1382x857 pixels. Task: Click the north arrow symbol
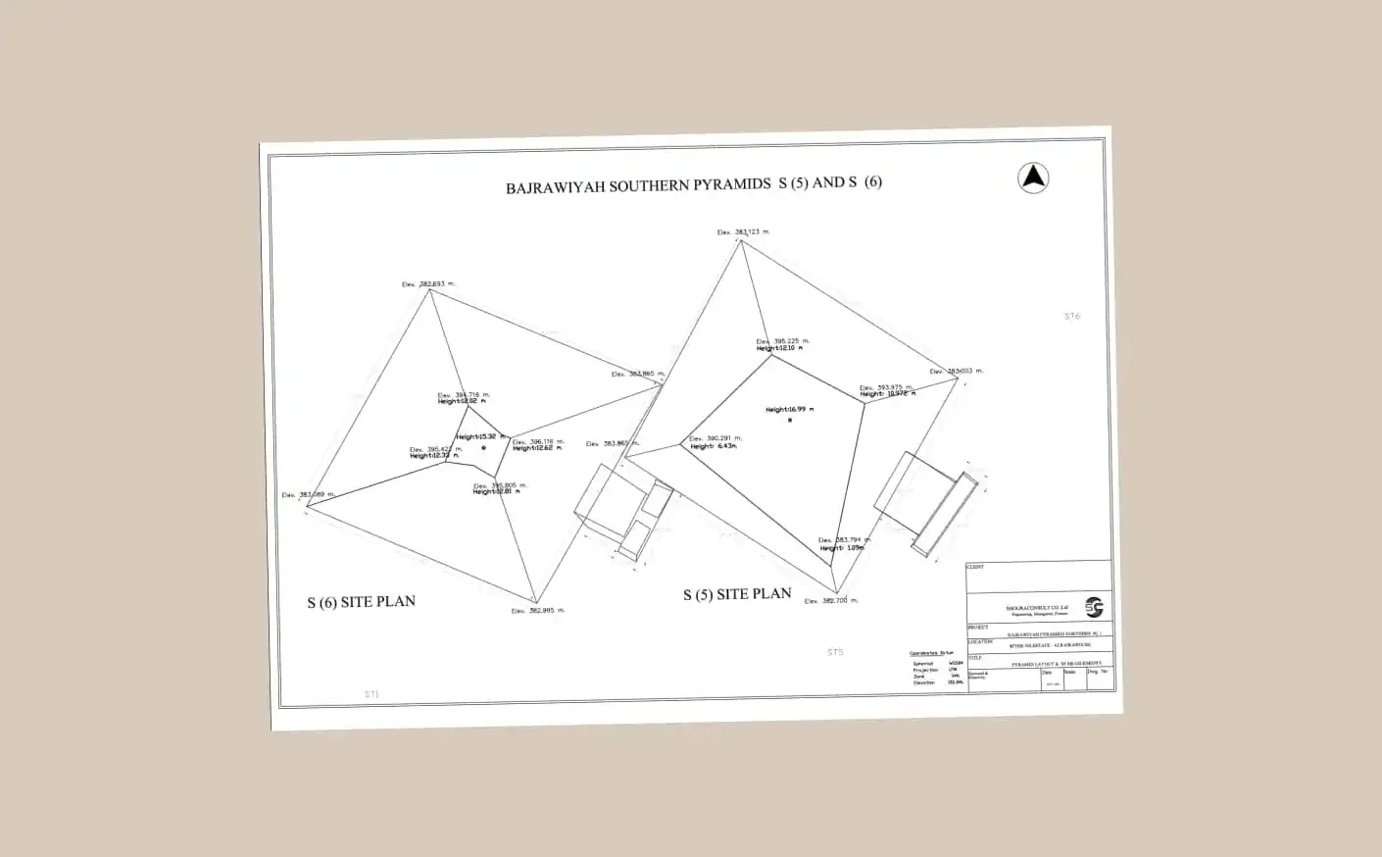pos(1033,177)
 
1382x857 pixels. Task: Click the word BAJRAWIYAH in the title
pos(555,186)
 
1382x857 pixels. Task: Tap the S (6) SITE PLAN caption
pos(361,601)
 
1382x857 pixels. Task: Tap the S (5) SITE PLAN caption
pos(737,594)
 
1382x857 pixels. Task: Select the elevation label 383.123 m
pos(744,232)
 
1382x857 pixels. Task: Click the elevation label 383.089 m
pos(308,495)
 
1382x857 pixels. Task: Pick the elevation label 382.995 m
pos(538,611)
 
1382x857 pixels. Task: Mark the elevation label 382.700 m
pos(831,601)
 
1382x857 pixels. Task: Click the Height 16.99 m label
pos(790,409)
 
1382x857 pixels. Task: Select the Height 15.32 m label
pos(480,436)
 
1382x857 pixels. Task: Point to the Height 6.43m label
pos(713,446)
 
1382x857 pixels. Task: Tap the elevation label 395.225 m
pos(783,341)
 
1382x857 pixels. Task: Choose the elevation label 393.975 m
pos(888,387)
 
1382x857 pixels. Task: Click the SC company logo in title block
pos(1094,608)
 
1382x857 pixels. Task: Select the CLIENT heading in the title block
pos(975,567)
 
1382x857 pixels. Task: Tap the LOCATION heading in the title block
pos(980,642)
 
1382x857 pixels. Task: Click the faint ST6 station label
pos(1071,316)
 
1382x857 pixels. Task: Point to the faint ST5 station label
pos(835,652)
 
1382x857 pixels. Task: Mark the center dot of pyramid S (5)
pos(790,420)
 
